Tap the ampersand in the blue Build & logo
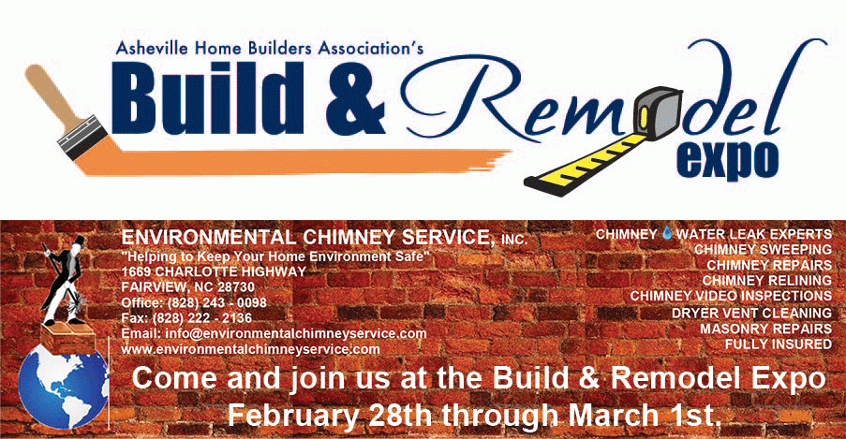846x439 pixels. point(356,98)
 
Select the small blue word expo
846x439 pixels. point(728,160)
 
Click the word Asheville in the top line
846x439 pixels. point(152,48)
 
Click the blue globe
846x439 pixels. point(63,387)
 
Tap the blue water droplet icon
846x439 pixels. point(667,233)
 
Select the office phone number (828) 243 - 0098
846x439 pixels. point(217,302)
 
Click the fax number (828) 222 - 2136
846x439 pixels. point(202,317)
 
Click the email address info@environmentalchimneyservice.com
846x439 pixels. point(296,333)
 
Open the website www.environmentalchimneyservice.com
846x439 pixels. point(250,349)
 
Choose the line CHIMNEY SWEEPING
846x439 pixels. point(763,250)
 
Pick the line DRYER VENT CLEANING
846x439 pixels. point(751,313)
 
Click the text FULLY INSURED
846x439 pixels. point(778,344)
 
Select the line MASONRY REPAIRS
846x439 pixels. point(765,329)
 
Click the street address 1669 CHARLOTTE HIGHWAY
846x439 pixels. point(214,271)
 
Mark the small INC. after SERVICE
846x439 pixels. point(514,240)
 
